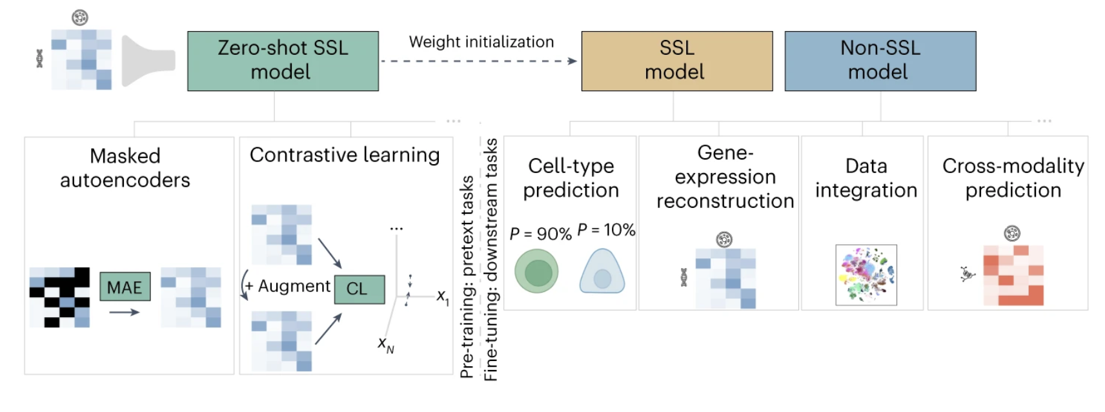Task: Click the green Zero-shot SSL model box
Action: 283,61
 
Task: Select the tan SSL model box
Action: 676,61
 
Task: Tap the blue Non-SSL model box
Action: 880,61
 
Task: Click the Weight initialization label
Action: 482,42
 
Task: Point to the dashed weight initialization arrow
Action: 478,61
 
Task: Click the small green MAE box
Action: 125,287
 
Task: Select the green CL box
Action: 359,289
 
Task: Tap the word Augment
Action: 294,286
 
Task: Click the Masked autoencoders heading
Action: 125,168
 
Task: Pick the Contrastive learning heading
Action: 345,155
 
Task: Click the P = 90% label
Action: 540,234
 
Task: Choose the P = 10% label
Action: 606,230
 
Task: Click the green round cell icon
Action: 536,271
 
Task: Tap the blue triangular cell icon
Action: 602,273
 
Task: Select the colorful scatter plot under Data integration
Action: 866,274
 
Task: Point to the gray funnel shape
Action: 148,61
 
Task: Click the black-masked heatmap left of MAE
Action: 59,297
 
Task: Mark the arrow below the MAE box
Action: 124,313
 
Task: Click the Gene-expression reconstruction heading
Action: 725,177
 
